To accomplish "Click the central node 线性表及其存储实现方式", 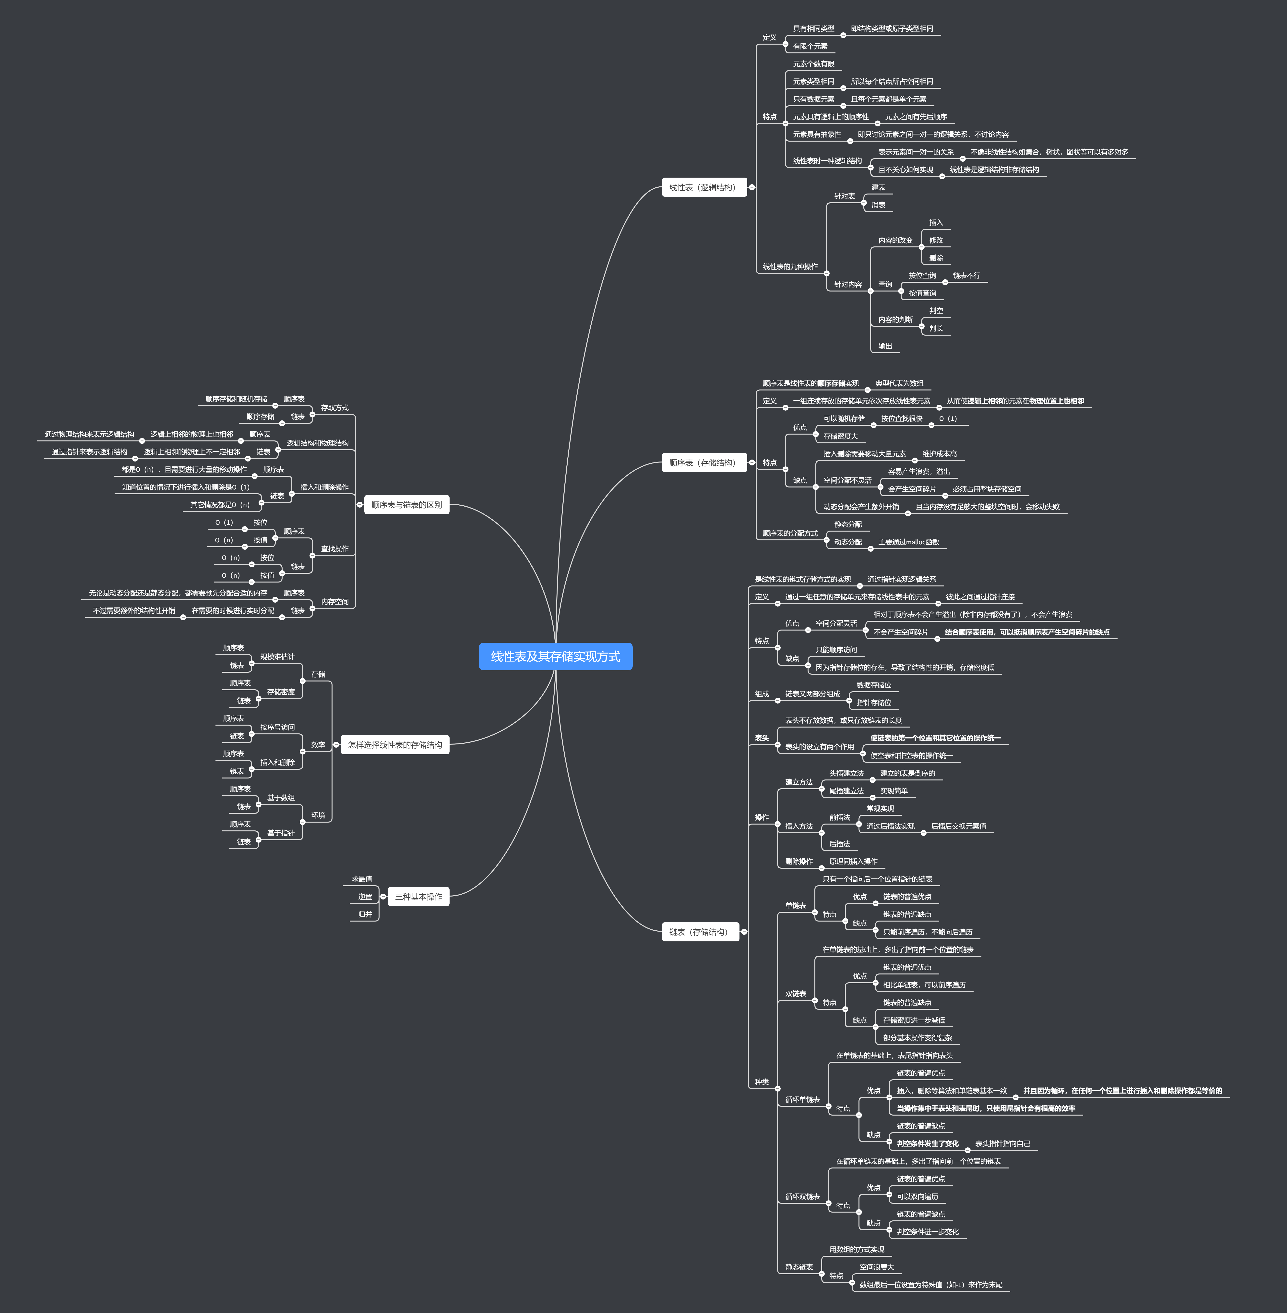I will click(x=555, y=656).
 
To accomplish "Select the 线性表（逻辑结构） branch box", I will click(x=704, y=187).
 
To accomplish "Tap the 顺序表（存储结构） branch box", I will click(x=704, y=462).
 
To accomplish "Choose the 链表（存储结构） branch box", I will click(x=700, y=932).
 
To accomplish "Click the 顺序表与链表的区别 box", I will click(x=406, y=504).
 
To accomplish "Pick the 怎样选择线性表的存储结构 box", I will click(x=395, y=744).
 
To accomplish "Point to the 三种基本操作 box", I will click(x=418, y=897).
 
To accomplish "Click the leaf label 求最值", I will click(x=362, y=879).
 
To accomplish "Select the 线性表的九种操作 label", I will click(x=789, y=266).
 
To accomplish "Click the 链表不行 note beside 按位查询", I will click(x=966, y=275).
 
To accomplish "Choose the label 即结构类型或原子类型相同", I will click(x=892, y=28).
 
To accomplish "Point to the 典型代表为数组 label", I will click(x=899, y=383).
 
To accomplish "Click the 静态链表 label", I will click(x=798, y=1267).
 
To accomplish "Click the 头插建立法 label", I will click(x=846, y=773).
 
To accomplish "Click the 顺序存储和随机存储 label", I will click(x=236, y=399).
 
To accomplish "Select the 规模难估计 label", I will click(x=277, y=656).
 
